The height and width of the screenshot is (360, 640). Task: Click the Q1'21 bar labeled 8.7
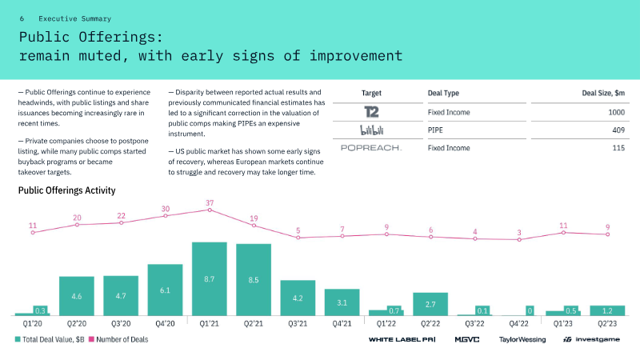(210, 278)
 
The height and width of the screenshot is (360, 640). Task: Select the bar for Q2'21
(254, 279)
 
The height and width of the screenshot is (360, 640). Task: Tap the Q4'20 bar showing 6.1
(165, 290)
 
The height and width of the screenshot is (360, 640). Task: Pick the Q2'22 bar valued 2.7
(430, 304)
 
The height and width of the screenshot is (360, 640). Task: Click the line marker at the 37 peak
(210, 210)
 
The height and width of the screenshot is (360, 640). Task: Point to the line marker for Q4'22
(519, 239)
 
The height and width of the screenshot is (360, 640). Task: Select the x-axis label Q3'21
(298, 324)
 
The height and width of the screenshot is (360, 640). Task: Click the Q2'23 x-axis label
(607, 324)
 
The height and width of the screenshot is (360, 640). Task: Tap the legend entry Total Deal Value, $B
(50, 339)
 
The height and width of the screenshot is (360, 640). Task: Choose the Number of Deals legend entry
(118, 339)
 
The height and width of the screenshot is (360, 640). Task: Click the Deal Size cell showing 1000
(616, 112)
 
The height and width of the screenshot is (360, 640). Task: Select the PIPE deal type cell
(435, 130)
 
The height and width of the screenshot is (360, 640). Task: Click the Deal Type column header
(443, 93)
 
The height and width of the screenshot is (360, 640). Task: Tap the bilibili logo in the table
(372, 130)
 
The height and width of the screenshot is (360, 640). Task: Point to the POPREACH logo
(371, 148)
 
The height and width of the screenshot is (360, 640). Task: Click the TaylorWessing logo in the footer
(522, 339)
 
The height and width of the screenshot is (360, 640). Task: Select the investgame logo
(591, 339)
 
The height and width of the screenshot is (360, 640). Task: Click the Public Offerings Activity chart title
(67, 190)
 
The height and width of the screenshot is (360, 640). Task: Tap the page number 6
(22, 18)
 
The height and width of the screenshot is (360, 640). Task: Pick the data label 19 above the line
(254, 218)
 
